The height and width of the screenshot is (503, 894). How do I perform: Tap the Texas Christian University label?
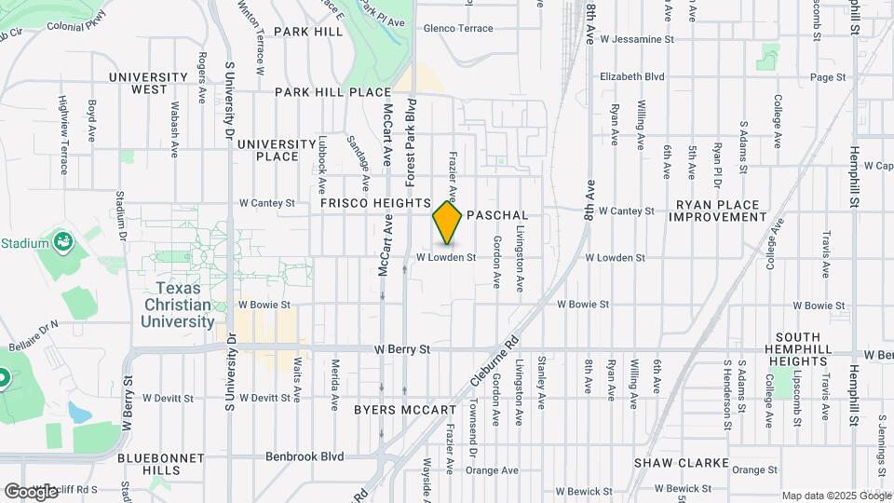[x=178, y=305]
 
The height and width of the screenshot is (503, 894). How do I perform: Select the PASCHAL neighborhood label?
[x=497, y=214]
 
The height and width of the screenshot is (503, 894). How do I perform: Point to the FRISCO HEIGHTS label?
[x=375, y=202]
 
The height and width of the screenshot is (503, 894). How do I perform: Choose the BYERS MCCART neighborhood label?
[x=405, y=410]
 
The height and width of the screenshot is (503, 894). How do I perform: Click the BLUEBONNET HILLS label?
[x=149, y=465]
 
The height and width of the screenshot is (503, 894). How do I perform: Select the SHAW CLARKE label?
[x=672, y=462]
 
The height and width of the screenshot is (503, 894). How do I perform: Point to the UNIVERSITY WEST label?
[x=149, y=83]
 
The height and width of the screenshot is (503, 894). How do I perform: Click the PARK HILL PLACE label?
[x=332, y=92]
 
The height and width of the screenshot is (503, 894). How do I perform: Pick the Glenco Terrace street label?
[x=458, y=29]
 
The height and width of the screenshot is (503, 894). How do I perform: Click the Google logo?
[x=31, y=491]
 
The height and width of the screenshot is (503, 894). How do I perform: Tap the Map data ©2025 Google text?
[x=834, y=496]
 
